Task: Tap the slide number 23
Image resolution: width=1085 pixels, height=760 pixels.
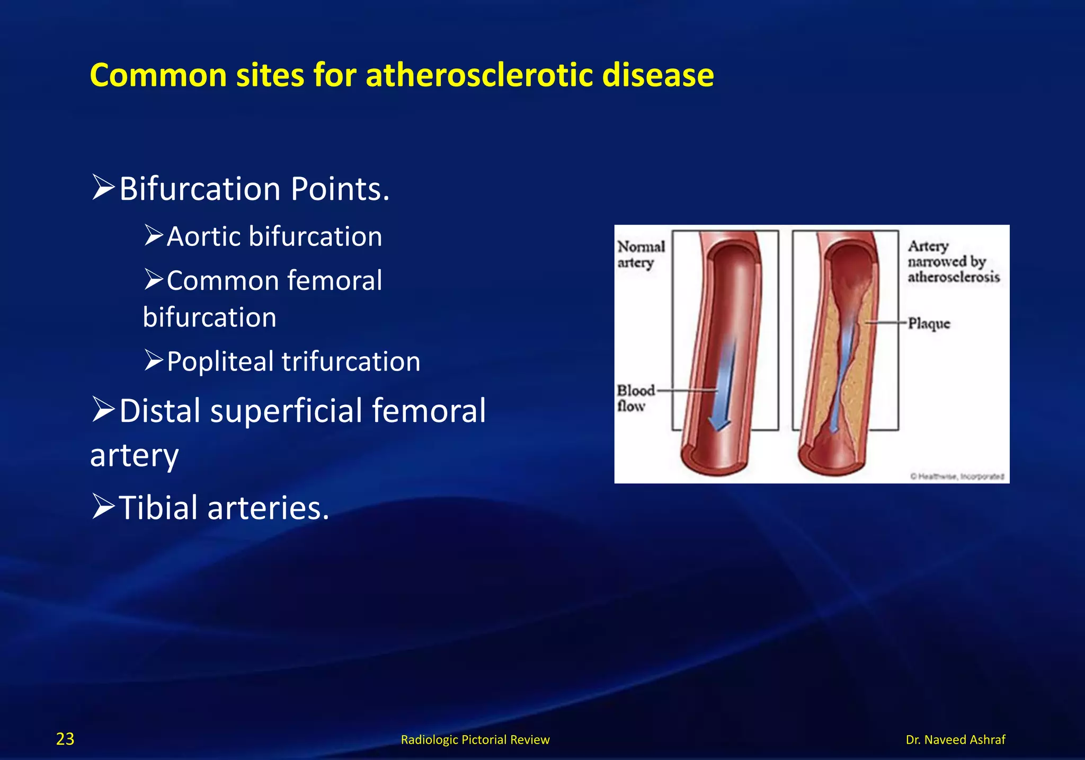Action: pos(65,739)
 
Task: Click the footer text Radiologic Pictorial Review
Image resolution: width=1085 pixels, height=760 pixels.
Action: pos(475,739)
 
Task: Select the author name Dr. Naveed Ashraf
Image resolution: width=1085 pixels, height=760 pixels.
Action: pos(955,739)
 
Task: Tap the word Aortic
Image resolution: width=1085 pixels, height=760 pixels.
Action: pos(203,236)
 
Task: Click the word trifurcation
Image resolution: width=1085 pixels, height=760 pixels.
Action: pos(351,361)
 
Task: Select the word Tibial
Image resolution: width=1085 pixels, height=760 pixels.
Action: pos(158,508)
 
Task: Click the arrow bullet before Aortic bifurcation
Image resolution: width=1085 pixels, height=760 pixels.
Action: pos(154,235)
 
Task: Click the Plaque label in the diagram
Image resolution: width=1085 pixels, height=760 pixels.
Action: pos(929,323)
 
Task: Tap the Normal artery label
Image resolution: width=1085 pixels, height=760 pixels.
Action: pos(641,254)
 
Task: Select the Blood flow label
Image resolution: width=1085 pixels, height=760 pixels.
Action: pos(635,398)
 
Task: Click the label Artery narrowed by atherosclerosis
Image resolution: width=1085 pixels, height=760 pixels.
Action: pos(953,262)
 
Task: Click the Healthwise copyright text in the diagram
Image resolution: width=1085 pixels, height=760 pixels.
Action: pos(957,476)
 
